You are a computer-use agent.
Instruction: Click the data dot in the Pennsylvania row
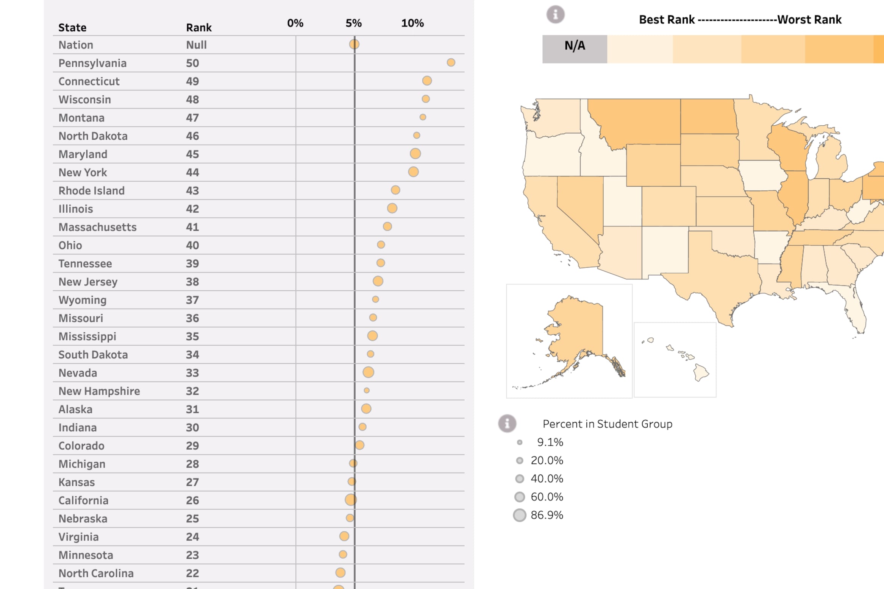451,62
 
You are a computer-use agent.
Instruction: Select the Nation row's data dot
354,44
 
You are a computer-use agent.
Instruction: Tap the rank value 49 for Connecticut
192,81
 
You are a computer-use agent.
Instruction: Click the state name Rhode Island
91,190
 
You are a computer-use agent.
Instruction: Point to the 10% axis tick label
412,23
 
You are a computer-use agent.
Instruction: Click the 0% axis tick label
295,23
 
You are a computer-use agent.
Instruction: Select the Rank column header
199,28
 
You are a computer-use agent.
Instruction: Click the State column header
72,28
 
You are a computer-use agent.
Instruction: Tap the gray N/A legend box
575,49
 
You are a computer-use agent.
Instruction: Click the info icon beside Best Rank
555,15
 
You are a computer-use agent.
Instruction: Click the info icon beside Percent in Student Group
507,423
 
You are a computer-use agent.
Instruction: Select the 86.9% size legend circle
520,515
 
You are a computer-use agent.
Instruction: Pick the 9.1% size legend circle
520,442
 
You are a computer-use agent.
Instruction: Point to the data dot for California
351,500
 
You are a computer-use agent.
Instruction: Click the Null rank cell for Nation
196,45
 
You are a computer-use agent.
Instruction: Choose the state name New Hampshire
99,391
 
